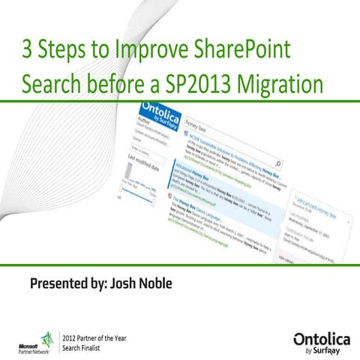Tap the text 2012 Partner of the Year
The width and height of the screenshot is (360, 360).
pos(95,337)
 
